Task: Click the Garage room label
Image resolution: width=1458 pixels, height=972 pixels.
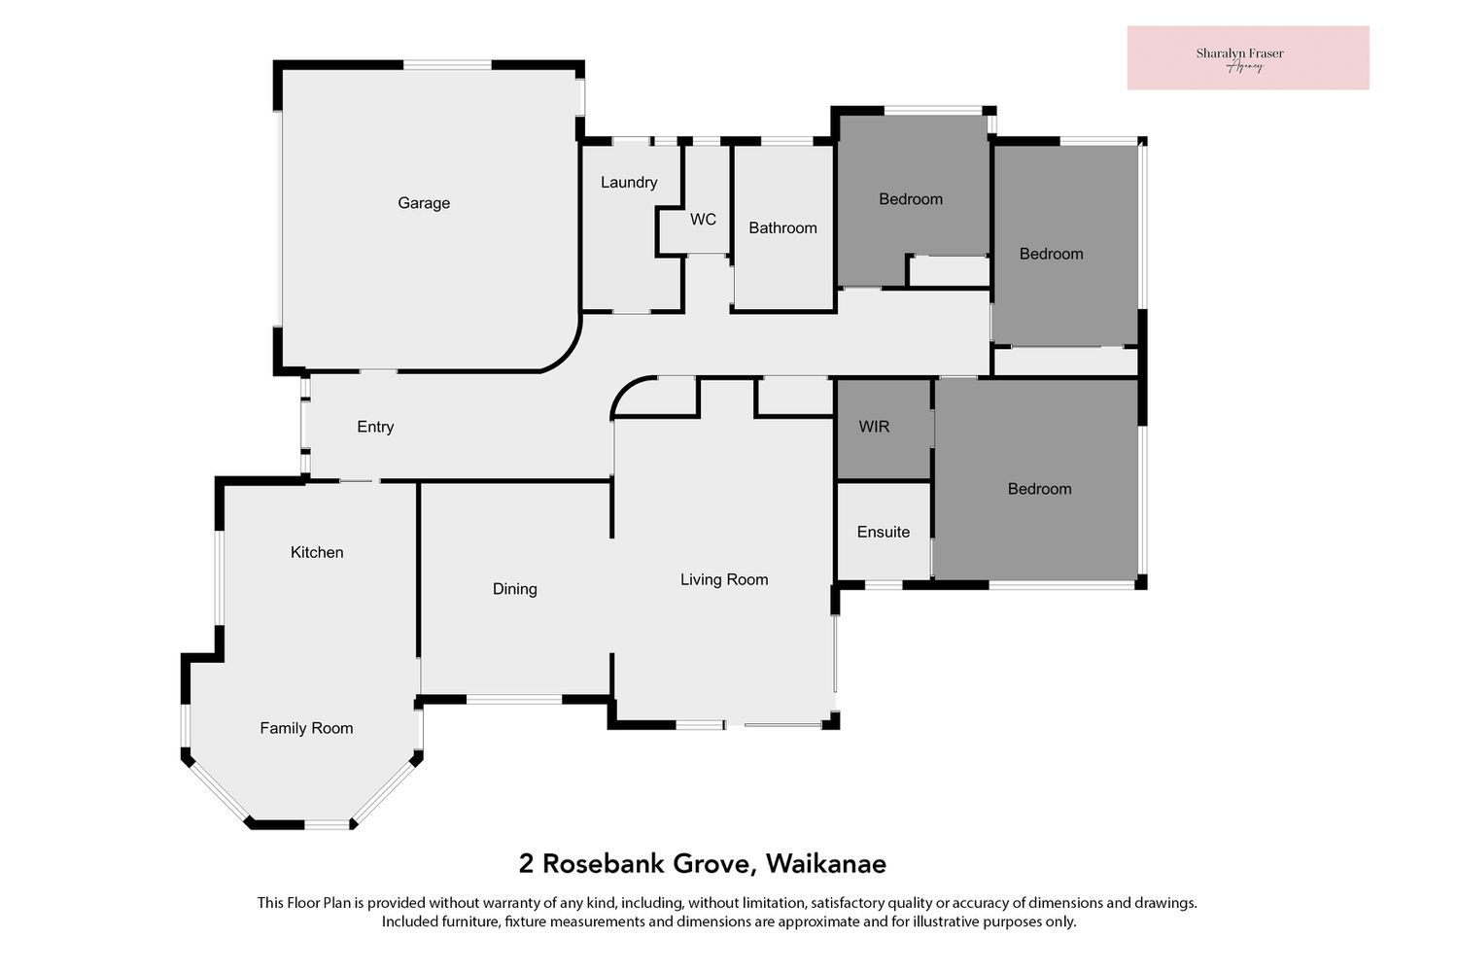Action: (424, 203)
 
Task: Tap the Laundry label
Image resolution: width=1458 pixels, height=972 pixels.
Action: (629, 183)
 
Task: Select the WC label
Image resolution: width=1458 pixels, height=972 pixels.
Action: (703, 220)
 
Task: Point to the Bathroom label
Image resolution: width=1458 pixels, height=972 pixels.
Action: (782, 227)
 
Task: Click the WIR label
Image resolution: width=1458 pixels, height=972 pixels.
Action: (874, 427)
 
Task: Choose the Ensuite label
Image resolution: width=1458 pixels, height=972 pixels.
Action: (884, 532)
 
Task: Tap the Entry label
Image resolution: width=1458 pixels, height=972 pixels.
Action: (375, 427)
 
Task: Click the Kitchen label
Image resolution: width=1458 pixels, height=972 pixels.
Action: (317, 552)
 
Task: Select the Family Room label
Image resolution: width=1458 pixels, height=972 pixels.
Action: (306, 728)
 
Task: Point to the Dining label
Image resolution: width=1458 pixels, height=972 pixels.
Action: (515, 589)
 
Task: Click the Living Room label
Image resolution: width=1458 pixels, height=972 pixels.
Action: (724, 579)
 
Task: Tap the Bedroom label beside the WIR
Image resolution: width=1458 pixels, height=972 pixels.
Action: (1039, 489)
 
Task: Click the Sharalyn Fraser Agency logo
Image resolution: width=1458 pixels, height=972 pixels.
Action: (1248, 58)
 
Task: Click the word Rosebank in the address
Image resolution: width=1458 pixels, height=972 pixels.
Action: (605, 864)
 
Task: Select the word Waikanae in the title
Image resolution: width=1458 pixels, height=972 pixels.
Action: (826, 864)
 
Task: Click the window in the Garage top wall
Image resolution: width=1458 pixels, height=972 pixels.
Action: (447, 64)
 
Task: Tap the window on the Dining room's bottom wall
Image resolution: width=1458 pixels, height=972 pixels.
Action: (514, 700)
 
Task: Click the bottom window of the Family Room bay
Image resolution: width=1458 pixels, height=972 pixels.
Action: (328, 825)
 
